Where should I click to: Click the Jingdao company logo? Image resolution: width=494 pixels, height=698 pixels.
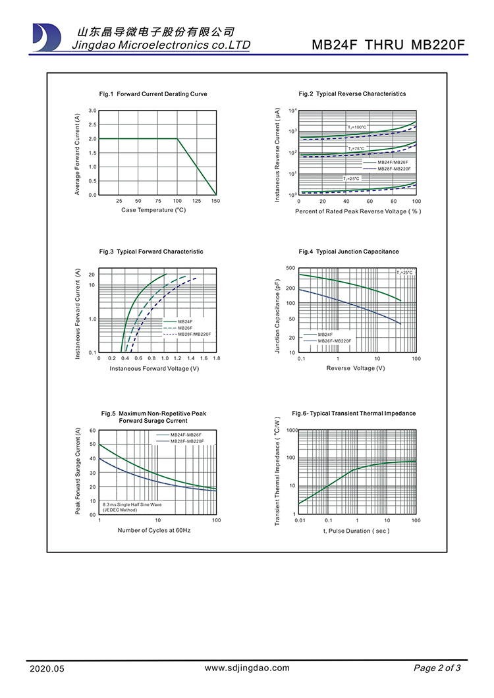pyautogui.click(x=47, y=38)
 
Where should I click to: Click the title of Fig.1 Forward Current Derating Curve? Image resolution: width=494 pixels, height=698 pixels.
pyautogui.click(x=153, y=94)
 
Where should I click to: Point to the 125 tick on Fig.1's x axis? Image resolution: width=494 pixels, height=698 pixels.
pyautogui.click(x=197, y=201)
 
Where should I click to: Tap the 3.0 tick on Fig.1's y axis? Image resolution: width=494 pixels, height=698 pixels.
pyautogui.click(x=93, y=111)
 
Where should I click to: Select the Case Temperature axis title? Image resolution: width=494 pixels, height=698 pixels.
pyautogui.click(x=153, y=210)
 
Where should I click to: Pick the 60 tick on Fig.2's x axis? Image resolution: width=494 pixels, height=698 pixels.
pyautogui.click(x=370, y=201)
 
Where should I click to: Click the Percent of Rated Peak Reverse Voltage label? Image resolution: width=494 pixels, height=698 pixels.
pyautogui.click(x=358, y=211)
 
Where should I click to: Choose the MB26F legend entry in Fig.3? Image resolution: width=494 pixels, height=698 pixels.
pyautogui.click(x=185, y=328)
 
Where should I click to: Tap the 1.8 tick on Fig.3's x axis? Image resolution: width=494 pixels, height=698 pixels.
pyautogui.click(x=216, y=358)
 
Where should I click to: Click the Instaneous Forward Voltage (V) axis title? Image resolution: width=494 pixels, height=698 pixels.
pyautogui.click(x=154, y=369)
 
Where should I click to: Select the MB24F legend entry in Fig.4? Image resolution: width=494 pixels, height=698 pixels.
pyautogui.click(x=325, y=335)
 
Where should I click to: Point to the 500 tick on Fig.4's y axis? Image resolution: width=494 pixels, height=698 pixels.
pyautogui.click(x=290, y=269)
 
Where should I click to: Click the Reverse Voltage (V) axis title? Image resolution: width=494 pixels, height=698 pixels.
pyautogui.click(x=356, y=368)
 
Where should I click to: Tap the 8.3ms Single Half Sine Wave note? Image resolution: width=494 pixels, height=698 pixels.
pyautogui.click(x=132, y=504)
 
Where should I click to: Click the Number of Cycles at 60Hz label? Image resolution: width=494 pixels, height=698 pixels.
pyautogui.click(x=154, y=530)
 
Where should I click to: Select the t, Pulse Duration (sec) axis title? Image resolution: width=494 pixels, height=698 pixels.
pyautogui.click(x=356, y=531)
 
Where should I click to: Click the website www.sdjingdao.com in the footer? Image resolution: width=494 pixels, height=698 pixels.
pyautogui.click(x=247, y=668)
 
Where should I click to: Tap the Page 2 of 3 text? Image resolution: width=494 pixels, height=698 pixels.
pyautogui.click(x=437, y=668)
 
